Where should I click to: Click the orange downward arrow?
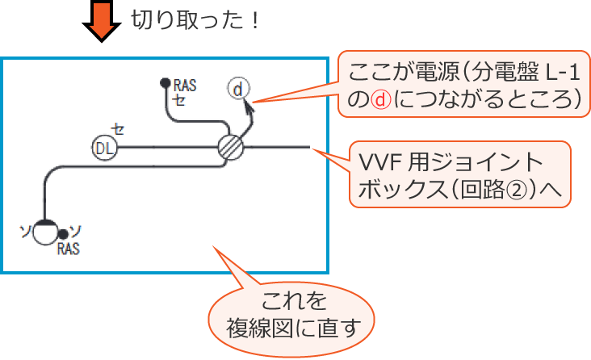click(x=100, y=23)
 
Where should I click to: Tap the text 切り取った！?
click(x=194, y=20)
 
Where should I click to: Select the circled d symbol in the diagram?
click(x=237, y=89)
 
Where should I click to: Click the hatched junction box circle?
click(x=231, y=148)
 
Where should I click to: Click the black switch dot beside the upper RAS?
click(x=165, y=82)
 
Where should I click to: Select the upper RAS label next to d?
click(x=185, y=84)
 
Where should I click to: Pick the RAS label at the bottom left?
click(x=69, y=250)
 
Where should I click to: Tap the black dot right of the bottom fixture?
click(x=63, y=235)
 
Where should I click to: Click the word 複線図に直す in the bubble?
click(x=293, y=328)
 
